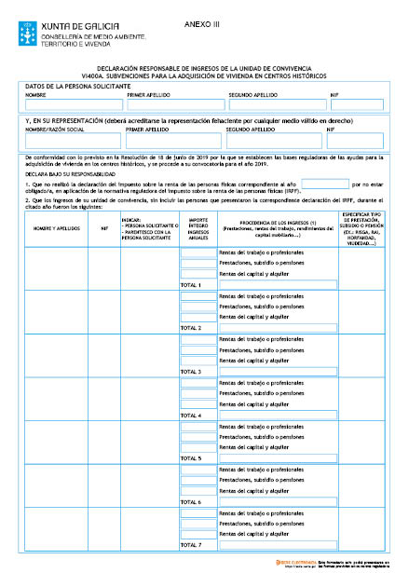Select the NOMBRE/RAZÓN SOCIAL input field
(x=74, y=141)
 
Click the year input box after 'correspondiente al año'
(x=325, y=185)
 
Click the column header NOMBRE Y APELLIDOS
(x=55, y=226)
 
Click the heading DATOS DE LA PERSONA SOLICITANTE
(x=77, y=86)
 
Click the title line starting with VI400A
(x=204, y=75)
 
